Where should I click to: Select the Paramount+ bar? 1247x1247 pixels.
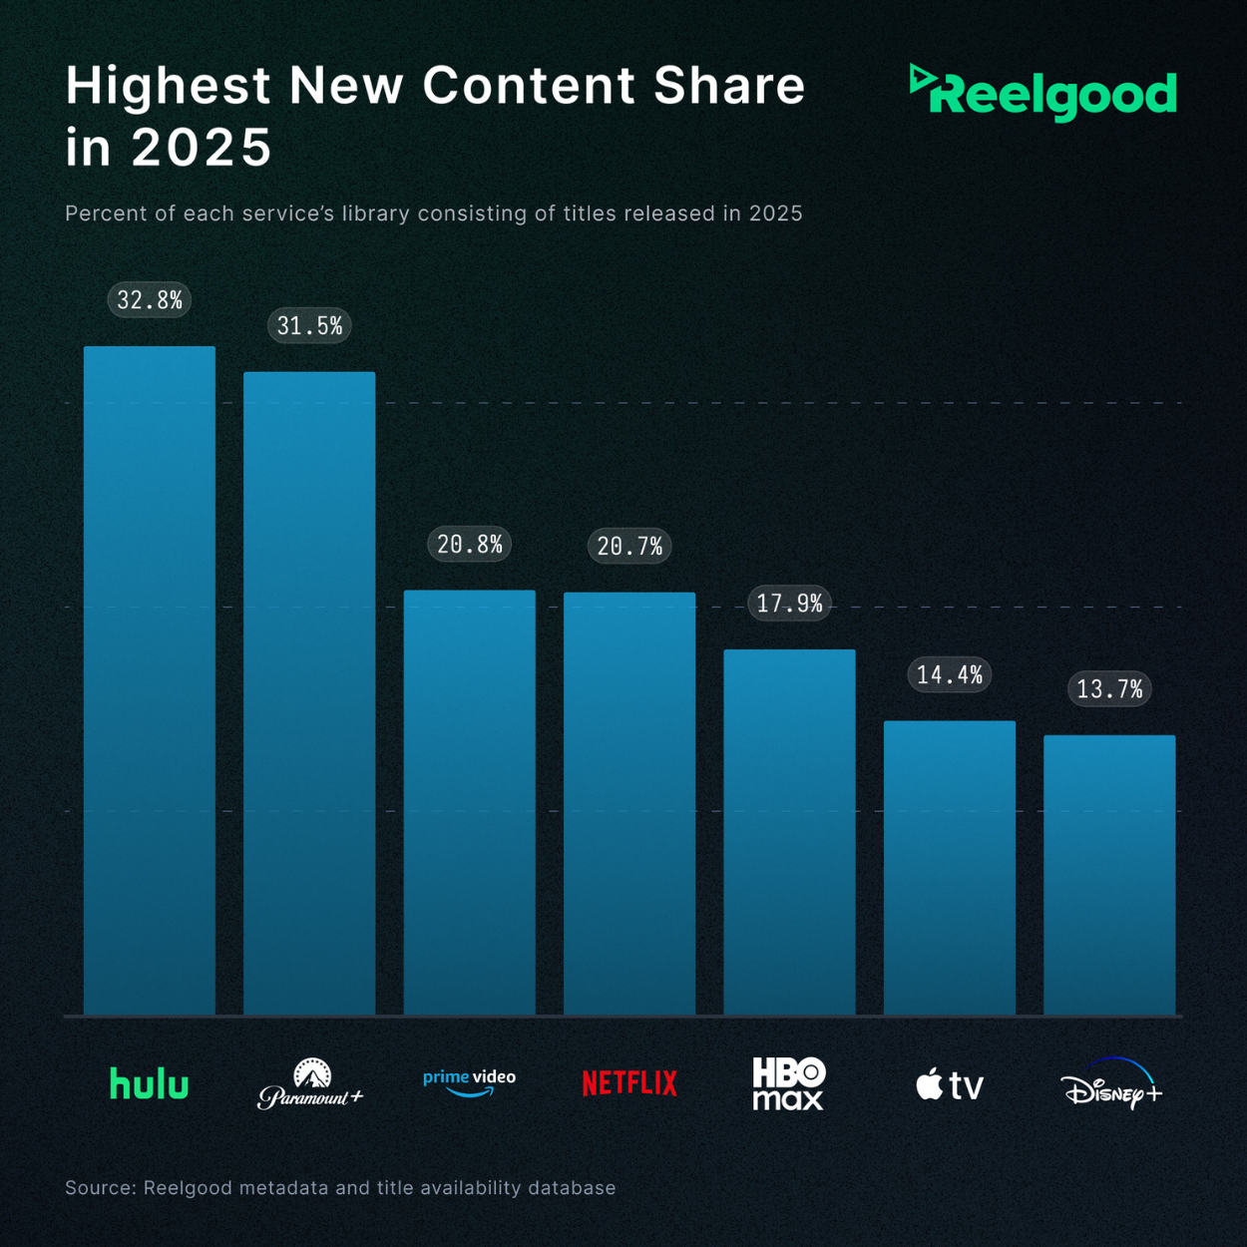(309, 693)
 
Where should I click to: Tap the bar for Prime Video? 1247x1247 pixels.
(469, 802)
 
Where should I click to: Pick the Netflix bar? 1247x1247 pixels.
(629, 803)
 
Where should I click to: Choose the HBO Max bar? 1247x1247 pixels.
(789, 832)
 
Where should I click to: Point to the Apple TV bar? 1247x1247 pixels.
(950, 868)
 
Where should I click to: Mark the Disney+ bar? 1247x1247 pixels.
(1109, 875)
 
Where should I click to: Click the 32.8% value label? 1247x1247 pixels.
(150, 300)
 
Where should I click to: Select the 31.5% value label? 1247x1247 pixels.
(309, 326)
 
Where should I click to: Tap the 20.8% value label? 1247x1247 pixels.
(469, 545)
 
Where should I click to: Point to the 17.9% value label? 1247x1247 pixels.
(789, 604)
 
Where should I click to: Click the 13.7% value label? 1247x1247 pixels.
(1109, 689)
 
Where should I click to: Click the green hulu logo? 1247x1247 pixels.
(149, 1083)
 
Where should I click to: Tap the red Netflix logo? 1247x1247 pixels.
(629, 1083)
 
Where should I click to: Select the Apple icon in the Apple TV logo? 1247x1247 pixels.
(929, 1083)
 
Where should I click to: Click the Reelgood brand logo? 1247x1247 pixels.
(1043, 93)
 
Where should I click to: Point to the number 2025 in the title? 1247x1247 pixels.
(202, 148)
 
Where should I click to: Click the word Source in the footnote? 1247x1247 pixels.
(100, 1188)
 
